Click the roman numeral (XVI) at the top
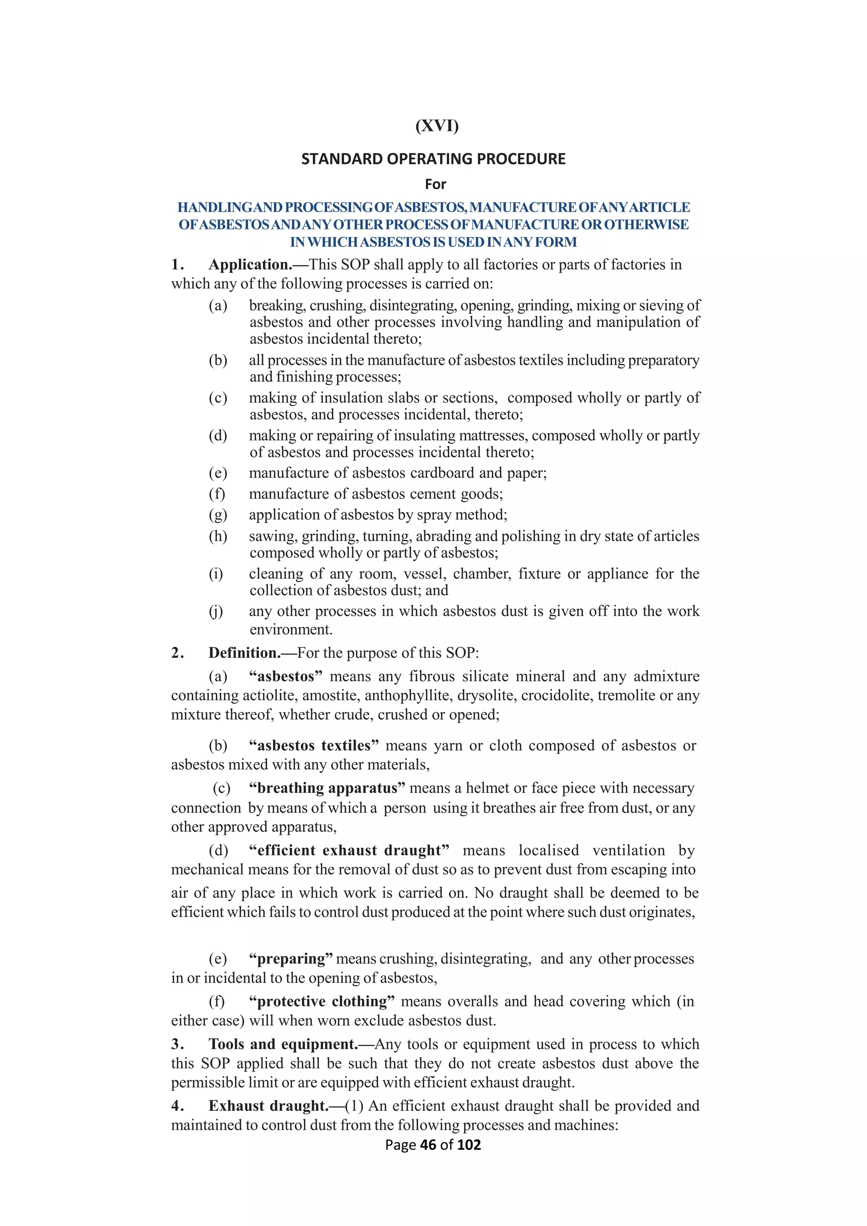coord(437,126)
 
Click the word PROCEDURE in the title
coord(521,159)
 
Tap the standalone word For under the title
coord(435,184)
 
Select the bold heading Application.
coord(250,265)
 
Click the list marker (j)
coord(215,611)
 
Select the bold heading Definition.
coord(244,653)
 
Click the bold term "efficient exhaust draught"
coord(349,850)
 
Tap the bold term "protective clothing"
coord(321,1002)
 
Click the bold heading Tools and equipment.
coord(283,1044)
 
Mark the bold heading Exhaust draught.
coord(268,1106)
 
